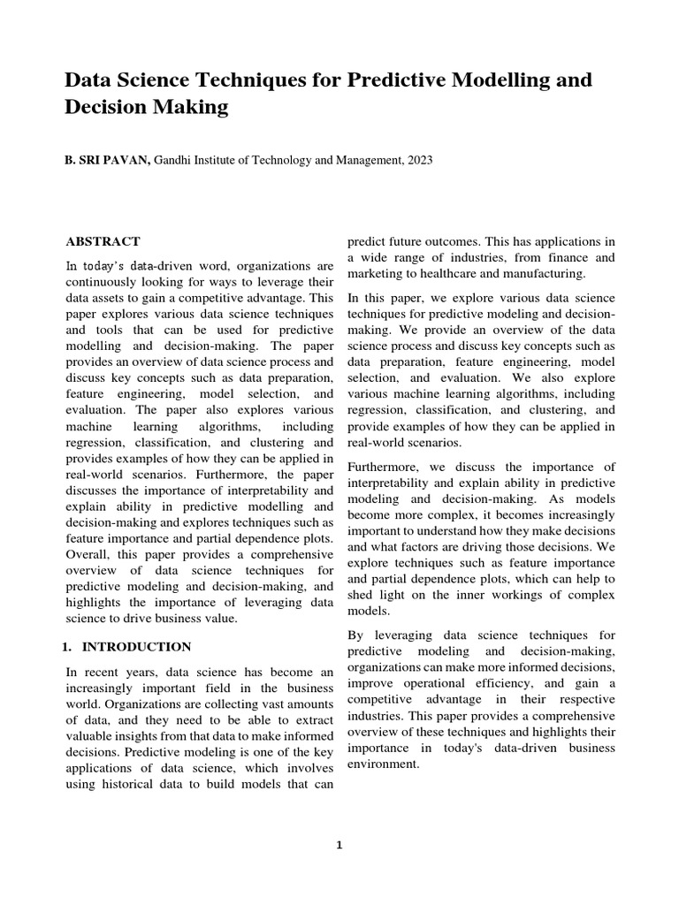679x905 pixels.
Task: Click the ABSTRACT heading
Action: pos(103,241)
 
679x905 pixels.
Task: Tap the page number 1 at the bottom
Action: pos(339,845)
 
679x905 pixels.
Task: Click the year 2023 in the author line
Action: pos(419,160)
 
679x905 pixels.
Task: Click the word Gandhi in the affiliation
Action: pos(177,160)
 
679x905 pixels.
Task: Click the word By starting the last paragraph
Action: pos(355,635)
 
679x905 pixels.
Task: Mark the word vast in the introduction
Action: pos(270,705)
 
